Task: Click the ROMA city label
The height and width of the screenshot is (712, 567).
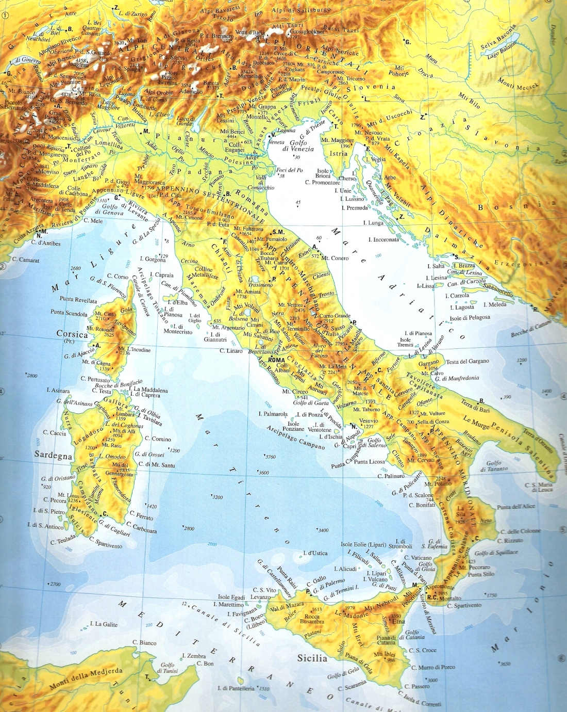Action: [x=276, y=360]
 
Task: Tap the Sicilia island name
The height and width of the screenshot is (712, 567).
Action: [x=312, y=658]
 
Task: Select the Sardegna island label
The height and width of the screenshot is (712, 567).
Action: [x=53, y=455]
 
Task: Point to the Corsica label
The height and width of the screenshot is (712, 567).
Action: [x=72, y=334]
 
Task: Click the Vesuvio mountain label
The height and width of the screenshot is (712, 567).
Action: [x=368, y=421]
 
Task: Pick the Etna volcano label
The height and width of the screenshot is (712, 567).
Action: [x=398, y=621]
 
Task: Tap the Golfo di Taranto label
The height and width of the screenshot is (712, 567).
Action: [x=494, y=466]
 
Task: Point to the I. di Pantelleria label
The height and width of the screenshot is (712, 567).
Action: [x=236, y=688]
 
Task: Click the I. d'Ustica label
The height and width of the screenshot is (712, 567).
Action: [x=315, y=553]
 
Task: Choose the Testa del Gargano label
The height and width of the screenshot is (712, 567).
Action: [x=467, y=361]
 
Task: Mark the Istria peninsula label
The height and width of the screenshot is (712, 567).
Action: [x=339, y=154]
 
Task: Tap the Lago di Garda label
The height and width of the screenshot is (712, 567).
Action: [x=186, y=121]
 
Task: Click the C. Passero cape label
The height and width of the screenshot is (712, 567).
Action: [x=417, y=686]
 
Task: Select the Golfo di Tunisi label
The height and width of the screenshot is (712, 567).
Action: [x=168, y=668]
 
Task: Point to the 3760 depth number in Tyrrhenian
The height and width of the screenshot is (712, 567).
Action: [x=271, y=457]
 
